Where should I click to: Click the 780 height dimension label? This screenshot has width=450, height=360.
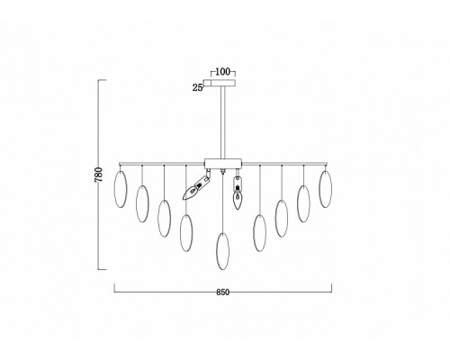click(99, 175)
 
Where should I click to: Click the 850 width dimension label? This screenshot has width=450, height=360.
click(222, 292)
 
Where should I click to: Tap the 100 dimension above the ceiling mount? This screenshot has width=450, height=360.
click(223, 72)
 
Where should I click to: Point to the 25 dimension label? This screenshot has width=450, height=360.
click(197, 87)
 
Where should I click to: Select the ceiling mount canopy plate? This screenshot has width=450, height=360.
click(220, 83)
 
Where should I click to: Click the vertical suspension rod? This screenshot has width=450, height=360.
click(223, 122)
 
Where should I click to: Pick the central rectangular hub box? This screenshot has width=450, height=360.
click(223, 163)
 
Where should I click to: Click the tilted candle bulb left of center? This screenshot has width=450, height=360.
click(196, 186)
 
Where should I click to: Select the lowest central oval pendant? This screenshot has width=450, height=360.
click(223, 251)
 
